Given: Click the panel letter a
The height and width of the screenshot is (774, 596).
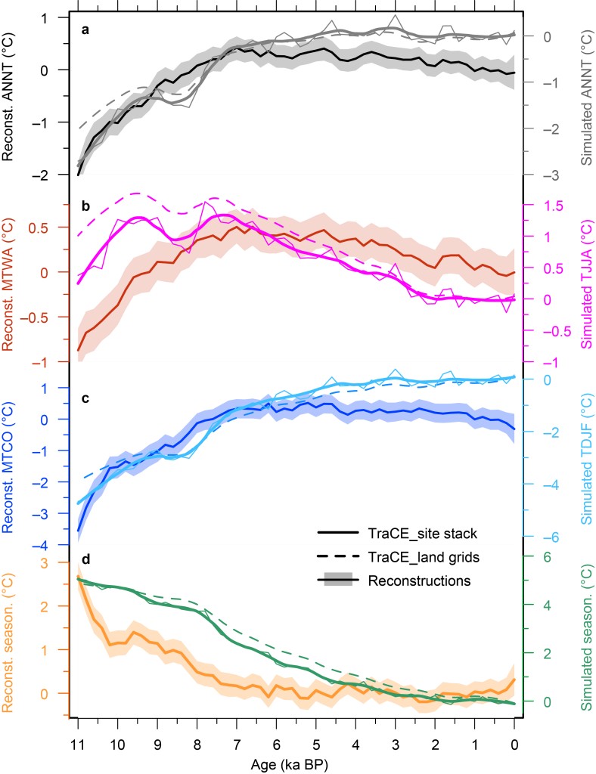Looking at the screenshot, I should tap(86, 31).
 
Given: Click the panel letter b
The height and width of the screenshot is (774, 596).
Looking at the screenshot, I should tap(86, 206).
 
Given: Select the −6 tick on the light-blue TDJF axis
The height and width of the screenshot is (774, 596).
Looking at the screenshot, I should tap(553, 537).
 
